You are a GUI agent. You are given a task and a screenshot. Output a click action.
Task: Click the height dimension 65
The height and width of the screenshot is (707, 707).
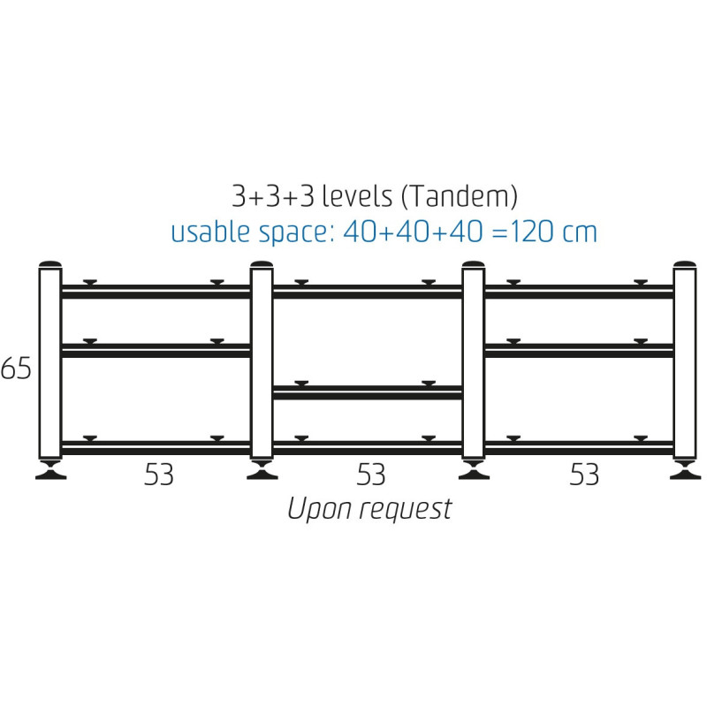[x=16, y=369]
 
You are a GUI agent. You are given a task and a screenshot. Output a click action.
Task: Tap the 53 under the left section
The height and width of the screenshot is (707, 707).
[x=159, y=475]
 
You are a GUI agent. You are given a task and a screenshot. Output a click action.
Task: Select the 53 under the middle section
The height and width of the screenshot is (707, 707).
[x=370, y=475]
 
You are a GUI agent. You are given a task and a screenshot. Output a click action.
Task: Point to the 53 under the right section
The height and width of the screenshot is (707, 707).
[x=584, y=475]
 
